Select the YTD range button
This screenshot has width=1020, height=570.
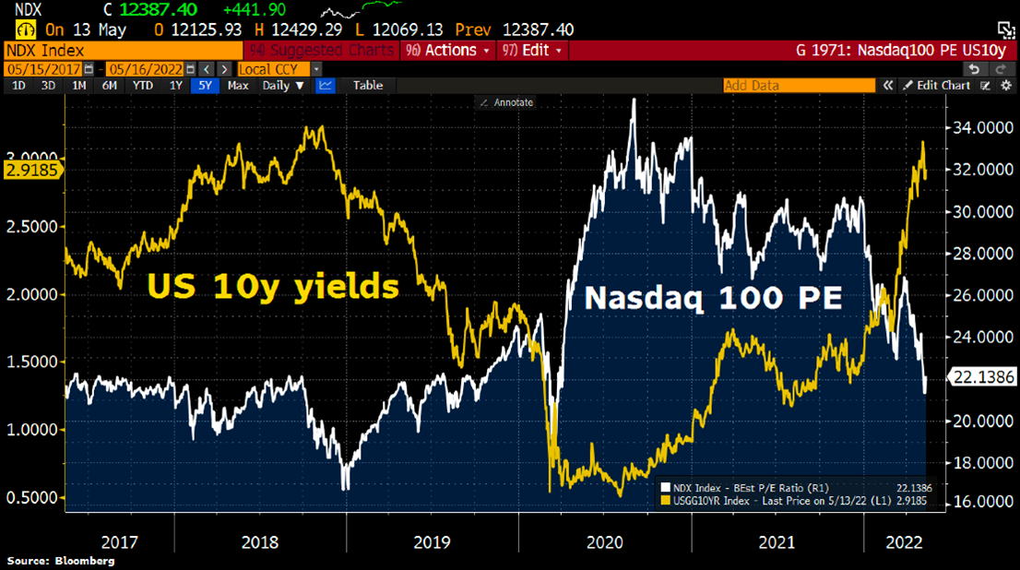tap(143, 85)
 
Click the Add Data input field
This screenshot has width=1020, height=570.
tap(799, 85)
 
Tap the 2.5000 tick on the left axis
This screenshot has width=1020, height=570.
tap(32, 226)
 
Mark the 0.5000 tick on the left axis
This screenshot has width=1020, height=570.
tap(32, 497)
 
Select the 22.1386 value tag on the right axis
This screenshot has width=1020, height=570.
tap(983, 375)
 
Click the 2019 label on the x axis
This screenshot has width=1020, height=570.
tap(432, 541)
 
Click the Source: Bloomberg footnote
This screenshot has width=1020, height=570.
tap(61, 561)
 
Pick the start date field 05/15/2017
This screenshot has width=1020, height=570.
tap(42, 68)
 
